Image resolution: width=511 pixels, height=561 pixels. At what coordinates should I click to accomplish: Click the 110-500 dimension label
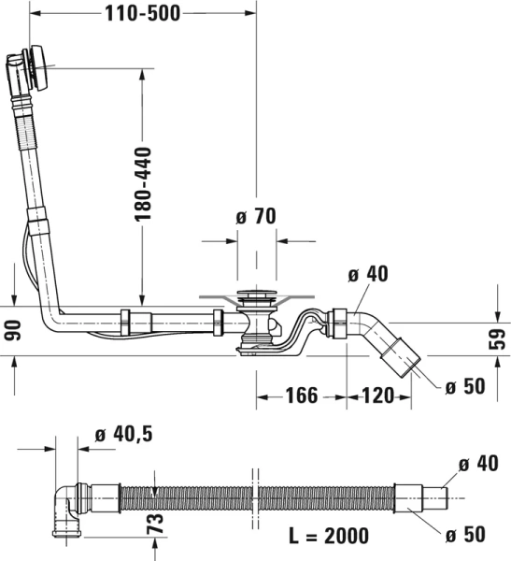pyautogui.click(x=142, y=13)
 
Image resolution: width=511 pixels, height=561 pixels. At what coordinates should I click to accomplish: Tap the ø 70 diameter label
pyautogui.click(x=255, y=217)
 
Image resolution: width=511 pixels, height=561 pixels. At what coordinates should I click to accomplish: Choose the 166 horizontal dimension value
pyautogui.click(x=301, y=396)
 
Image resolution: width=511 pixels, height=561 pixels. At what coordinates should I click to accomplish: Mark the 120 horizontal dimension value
pyautogui.click(x=378, y=396)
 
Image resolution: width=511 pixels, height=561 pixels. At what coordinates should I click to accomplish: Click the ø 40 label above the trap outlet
pyautogui.click(x=367, y=274)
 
